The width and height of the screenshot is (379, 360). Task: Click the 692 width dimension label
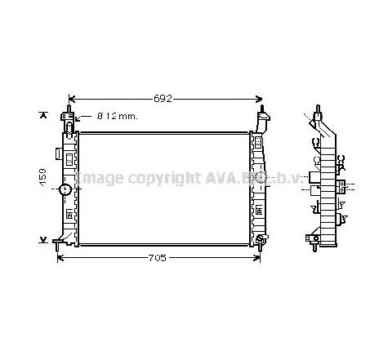[x=163, y=99]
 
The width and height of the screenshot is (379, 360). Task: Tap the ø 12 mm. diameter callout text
[x=117, y=117]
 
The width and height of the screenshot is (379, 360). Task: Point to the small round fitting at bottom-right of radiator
[x=260, y=239]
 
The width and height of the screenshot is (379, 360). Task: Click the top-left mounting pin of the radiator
[x=69, y=109]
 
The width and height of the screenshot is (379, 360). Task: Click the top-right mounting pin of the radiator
[x=261, y=109]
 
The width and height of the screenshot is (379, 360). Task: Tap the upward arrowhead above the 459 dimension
[x=43, y=115]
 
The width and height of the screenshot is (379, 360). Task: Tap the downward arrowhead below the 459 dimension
[x=43, y=240]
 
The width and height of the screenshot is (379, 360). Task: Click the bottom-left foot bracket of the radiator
[x=59, y=241]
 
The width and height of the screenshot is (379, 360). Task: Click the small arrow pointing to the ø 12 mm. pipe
[x=78, y=117]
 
